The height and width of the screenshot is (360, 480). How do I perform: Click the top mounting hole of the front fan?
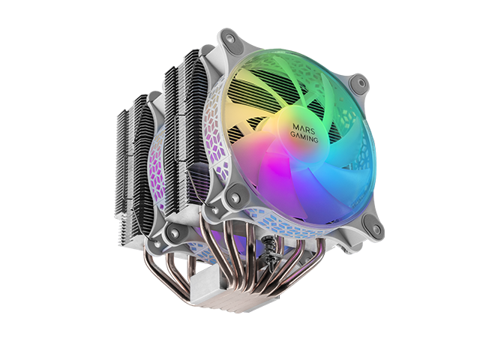coord(229,37)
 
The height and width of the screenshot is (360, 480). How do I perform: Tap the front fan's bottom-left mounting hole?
coord(235,194)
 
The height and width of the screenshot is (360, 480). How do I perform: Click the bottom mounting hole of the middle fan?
coord(174,234)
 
